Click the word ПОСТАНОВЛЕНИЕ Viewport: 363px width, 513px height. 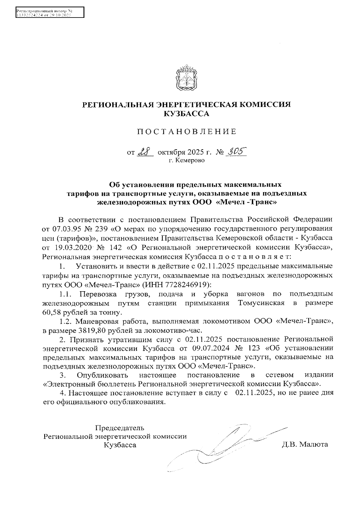click(x=186, y=132)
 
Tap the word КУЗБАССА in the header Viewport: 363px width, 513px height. click(x=186, y=114)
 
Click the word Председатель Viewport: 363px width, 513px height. click(x=120, y=428)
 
